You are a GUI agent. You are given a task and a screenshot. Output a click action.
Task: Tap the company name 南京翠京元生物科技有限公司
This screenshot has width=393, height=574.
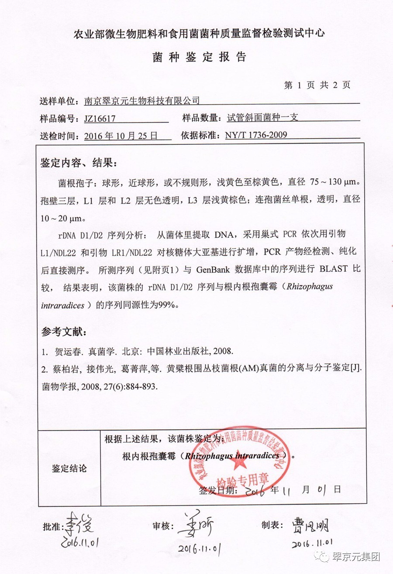click(x=141, y=101)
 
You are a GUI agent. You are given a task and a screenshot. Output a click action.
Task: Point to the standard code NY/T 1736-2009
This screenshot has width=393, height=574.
click(x=256, y=135)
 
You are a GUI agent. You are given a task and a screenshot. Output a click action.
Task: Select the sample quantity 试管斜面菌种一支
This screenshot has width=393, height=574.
click(x=262, y=118)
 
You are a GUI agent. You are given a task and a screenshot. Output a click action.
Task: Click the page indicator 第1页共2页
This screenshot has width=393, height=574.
click(x=317, y=85)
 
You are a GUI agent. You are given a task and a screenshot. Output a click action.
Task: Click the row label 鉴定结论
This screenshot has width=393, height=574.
click(x=69, y=468)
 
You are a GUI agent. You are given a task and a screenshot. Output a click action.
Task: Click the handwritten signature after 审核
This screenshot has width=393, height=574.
click(x=199, y=525)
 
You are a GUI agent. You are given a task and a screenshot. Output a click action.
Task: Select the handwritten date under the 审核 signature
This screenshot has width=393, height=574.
click(x=199, y=547)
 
